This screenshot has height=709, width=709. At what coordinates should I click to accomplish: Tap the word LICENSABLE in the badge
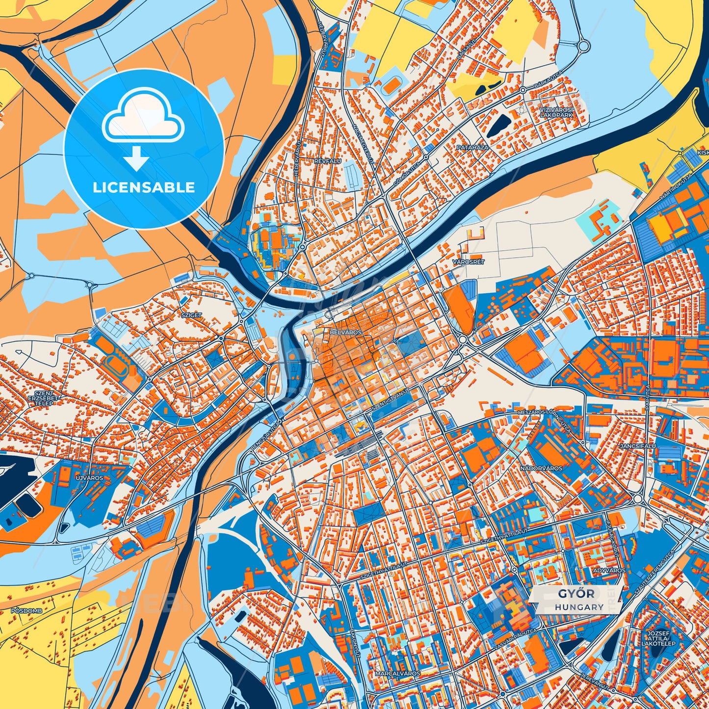pos(144,187)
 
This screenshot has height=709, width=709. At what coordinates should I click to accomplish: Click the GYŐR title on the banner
pos(576,594)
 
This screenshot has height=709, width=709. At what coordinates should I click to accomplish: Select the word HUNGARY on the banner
pos(579,607)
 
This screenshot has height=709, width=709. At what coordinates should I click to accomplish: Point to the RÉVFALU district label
pos(329,160)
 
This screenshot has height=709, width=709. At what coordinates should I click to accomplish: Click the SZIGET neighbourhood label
pos(191,315)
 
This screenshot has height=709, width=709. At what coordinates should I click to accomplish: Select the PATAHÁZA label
pos(472,147)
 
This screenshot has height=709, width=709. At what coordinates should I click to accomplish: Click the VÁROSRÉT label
pos(468,262)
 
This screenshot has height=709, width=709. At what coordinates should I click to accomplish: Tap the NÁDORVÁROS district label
pos(541,468)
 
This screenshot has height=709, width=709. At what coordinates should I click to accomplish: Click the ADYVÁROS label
pos(609,571)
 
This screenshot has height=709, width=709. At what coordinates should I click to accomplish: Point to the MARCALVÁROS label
pos(397,674)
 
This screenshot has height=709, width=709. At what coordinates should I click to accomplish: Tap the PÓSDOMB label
pos(26,611)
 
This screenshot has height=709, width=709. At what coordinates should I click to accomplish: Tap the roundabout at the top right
pos(583,47)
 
